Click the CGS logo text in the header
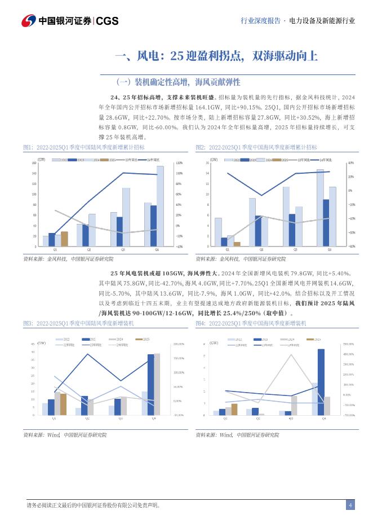pyautogui.click(x=107, y=21)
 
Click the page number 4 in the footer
pyautogui.click(x=350, y=505)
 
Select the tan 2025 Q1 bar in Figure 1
pyautogui.click(x=64, y=239)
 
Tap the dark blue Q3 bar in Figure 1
pyautogui.click(x=119, y=231)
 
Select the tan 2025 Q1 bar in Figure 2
pyautogui.click(x=237, y=244)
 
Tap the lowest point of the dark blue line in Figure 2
pyautogui.click(x=260, y=196)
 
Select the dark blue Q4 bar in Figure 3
pyautogui.click(x=151, y=384)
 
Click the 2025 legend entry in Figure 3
pyautogui.click(x=143, y=339)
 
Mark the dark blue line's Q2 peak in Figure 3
pyautogui.click(x=88, y=354)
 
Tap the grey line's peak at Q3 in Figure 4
pyautogui.click(x=291, y=354)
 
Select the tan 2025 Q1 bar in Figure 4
pyautogui.click(x=234, y=409)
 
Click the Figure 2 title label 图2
pyautogui.click(x=200, y=147)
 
